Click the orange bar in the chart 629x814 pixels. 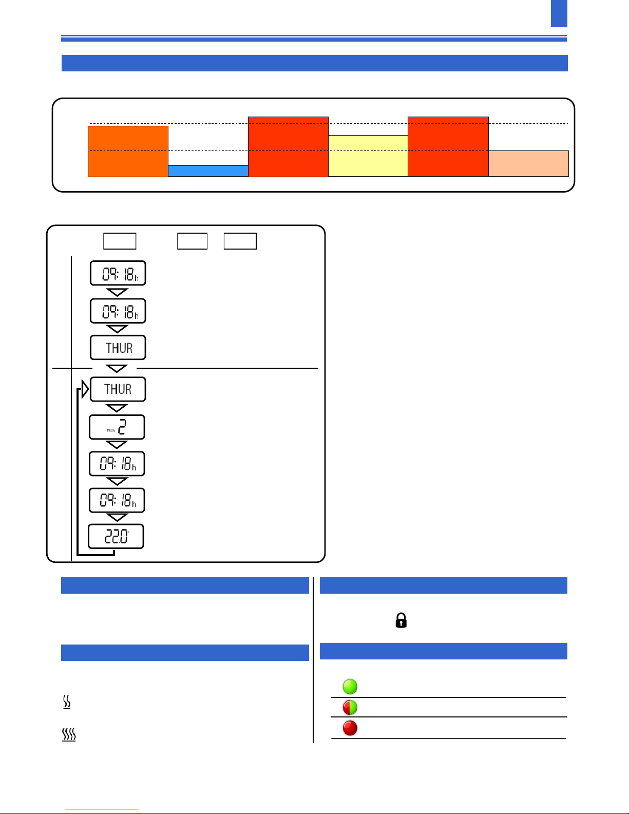128,152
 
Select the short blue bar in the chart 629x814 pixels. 208,171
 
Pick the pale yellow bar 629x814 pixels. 368,156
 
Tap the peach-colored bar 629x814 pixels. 528,163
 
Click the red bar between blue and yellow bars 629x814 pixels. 288,147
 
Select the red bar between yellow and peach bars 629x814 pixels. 448,146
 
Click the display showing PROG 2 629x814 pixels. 117,427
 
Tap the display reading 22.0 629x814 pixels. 116,537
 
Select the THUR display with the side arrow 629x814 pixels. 118,389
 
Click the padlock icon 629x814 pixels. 401,620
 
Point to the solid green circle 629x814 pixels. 350,686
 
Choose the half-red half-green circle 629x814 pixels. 350,707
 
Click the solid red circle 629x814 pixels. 350,728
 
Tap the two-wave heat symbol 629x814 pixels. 67,702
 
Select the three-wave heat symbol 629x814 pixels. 69,734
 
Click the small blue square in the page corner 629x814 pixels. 559,13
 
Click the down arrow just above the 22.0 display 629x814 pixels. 117,517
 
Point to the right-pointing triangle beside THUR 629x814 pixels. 85,389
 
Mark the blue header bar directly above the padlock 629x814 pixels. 443,585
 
